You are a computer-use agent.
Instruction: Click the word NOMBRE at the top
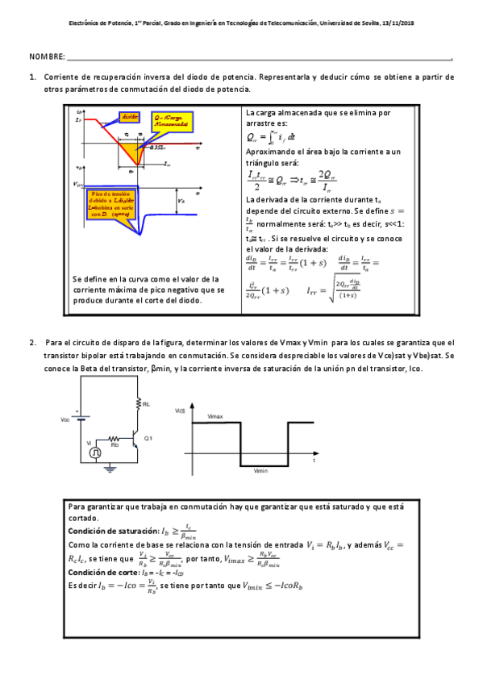pyautogui.click(x=46, y=57)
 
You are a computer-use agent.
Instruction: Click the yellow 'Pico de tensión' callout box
pyautogui.click(x=110, y=204)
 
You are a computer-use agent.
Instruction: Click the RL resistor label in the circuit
pyautogui.click(x=145, y=403)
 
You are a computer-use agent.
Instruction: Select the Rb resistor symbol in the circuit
pyautogui.click(x=115, y=439)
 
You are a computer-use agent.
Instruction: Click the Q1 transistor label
pyautogui.click(x=148, y=436)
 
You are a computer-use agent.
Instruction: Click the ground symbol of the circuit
pyautogui.click(x=112, y=466)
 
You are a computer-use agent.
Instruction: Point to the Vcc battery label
pyautogui.click(x=65, y=420)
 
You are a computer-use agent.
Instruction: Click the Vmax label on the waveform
pyautogui.click(x=214, y=415)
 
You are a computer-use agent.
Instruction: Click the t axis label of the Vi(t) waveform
pyautogui.click(x=313, y=469)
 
